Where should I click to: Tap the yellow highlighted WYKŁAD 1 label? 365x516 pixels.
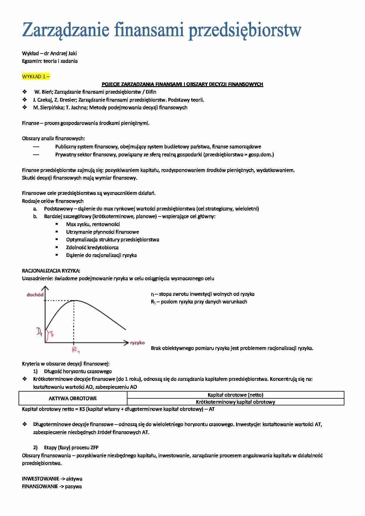point(36,76)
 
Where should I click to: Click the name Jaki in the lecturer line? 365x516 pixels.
point(72,53)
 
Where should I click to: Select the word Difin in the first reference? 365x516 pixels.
point(151,92)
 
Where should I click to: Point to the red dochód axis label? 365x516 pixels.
point(35,295)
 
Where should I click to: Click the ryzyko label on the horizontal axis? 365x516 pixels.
point(137,343)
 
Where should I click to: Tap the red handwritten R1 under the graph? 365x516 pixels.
point(76,350)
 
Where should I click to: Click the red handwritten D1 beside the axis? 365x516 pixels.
point(39,332)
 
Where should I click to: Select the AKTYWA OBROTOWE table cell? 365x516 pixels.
point(73,398)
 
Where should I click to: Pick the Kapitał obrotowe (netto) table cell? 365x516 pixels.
point(235,395)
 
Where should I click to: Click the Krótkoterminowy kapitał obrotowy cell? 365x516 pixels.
point(235,402)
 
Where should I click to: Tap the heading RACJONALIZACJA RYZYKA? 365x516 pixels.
point(51,271)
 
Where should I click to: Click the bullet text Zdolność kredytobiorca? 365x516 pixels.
point(92,247)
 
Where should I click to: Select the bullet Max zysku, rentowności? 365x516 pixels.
point(93,224)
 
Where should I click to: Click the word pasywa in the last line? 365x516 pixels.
point(73,487)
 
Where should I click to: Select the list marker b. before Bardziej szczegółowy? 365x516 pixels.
point(35,217)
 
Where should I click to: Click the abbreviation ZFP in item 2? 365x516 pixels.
point(94,447)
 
